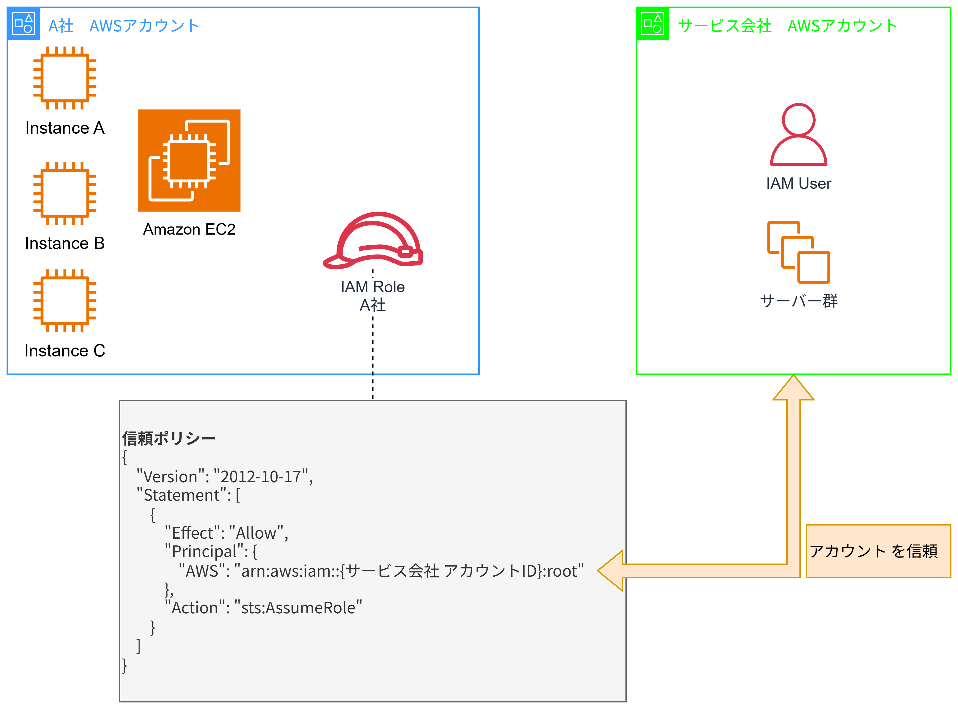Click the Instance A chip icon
pos(65,78)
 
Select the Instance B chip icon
pos(65,193)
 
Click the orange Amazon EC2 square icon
pos(189,160)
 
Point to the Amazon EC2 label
pos(189,229)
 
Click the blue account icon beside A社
pos(23,24)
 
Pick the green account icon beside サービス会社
pos(652,24)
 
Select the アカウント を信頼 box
pos(878,551)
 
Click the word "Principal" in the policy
pos(204,551)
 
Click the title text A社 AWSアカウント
pos(124,26)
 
